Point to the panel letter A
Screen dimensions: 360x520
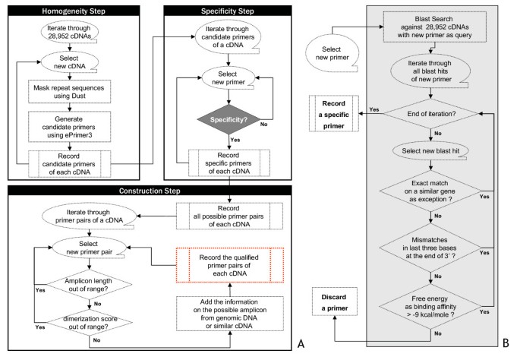coord(300,346)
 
